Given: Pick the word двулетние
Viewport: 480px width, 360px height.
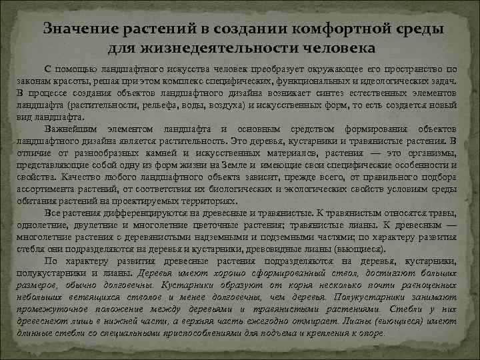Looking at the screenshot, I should (96, 225).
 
